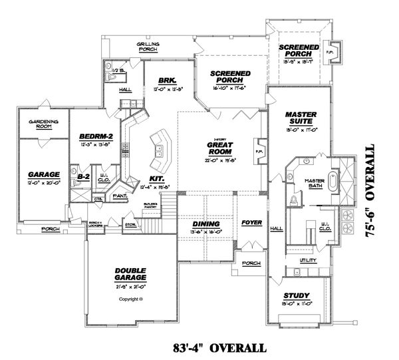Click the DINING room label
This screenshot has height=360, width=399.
[205, 224]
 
